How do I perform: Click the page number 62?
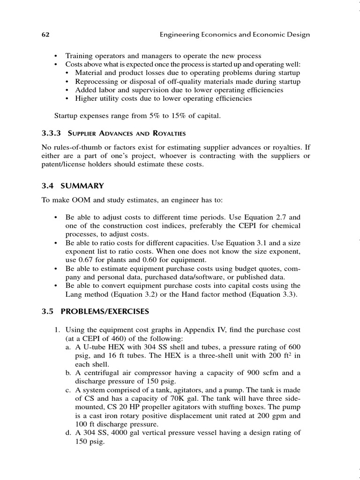[45, 35]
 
